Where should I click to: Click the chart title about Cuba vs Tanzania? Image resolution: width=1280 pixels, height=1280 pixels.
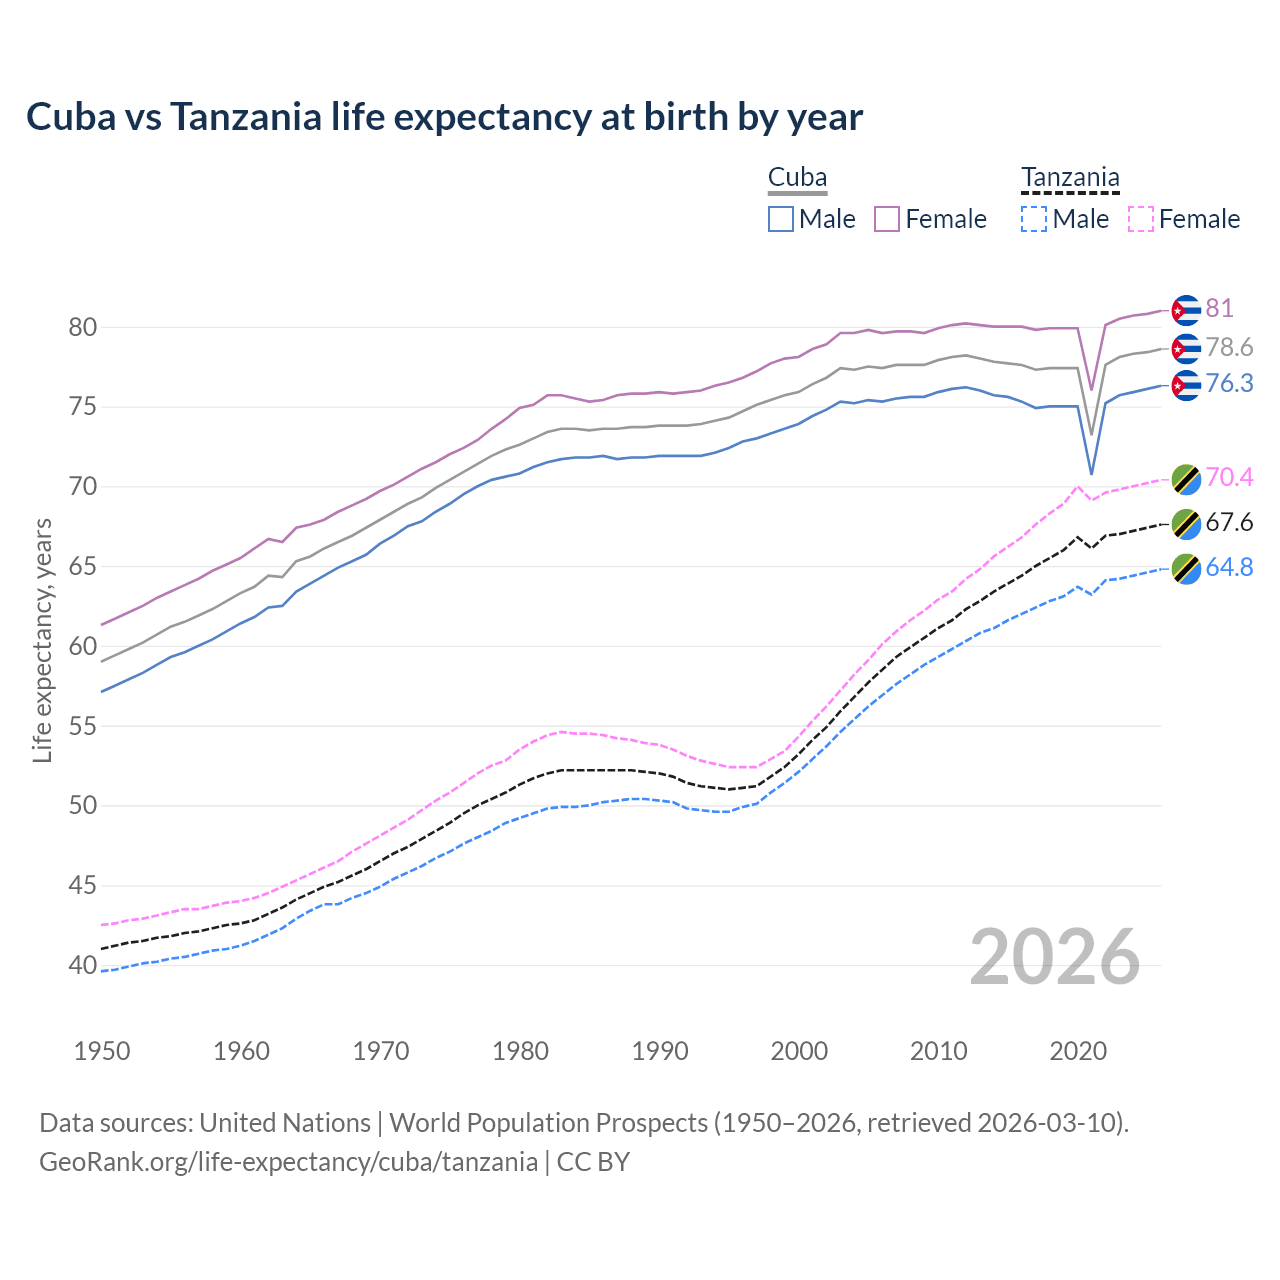click(x=444, y=117)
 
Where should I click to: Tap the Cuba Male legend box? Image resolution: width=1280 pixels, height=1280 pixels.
click(x=781, y=219)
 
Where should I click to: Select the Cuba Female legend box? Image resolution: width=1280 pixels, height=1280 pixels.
click(x=887, y=219)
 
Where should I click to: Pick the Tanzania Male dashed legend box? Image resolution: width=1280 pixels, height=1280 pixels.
click(x=1034, y=219)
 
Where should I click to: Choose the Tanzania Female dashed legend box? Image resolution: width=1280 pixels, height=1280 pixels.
click(x=1140, y=219)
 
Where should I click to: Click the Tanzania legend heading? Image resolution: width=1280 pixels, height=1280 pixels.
click(x=1070, y=178)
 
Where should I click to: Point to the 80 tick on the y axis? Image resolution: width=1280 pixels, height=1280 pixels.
click(x=83, y=327)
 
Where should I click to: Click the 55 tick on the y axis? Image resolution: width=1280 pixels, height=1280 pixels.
click(x=83, y=726)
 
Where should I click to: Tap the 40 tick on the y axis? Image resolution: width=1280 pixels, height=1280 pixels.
click(x=83, y=965)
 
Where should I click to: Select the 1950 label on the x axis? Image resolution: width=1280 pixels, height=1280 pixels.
click(x=102, y=1051)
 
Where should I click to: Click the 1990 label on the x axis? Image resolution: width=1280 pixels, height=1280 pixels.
click(x=660, y=1051)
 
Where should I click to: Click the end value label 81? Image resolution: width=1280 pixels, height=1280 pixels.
click(x=1219, y=308)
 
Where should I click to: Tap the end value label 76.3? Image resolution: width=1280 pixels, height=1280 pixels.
click(x=1229, y=384)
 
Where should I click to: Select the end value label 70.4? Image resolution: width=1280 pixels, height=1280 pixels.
click(x=1229, y=477)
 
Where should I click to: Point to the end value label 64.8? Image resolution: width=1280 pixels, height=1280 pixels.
click(x=1229, y=567)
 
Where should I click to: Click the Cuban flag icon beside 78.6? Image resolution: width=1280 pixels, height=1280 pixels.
click(x=1185, y=348)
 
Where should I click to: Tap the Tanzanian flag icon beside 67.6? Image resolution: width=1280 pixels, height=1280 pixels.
click(x=1185, y=524)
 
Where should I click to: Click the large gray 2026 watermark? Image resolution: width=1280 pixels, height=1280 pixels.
click(x=1054, y=957)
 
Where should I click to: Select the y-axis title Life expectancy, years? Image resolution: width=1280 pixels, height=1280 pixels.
click(x=43, y=640)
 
